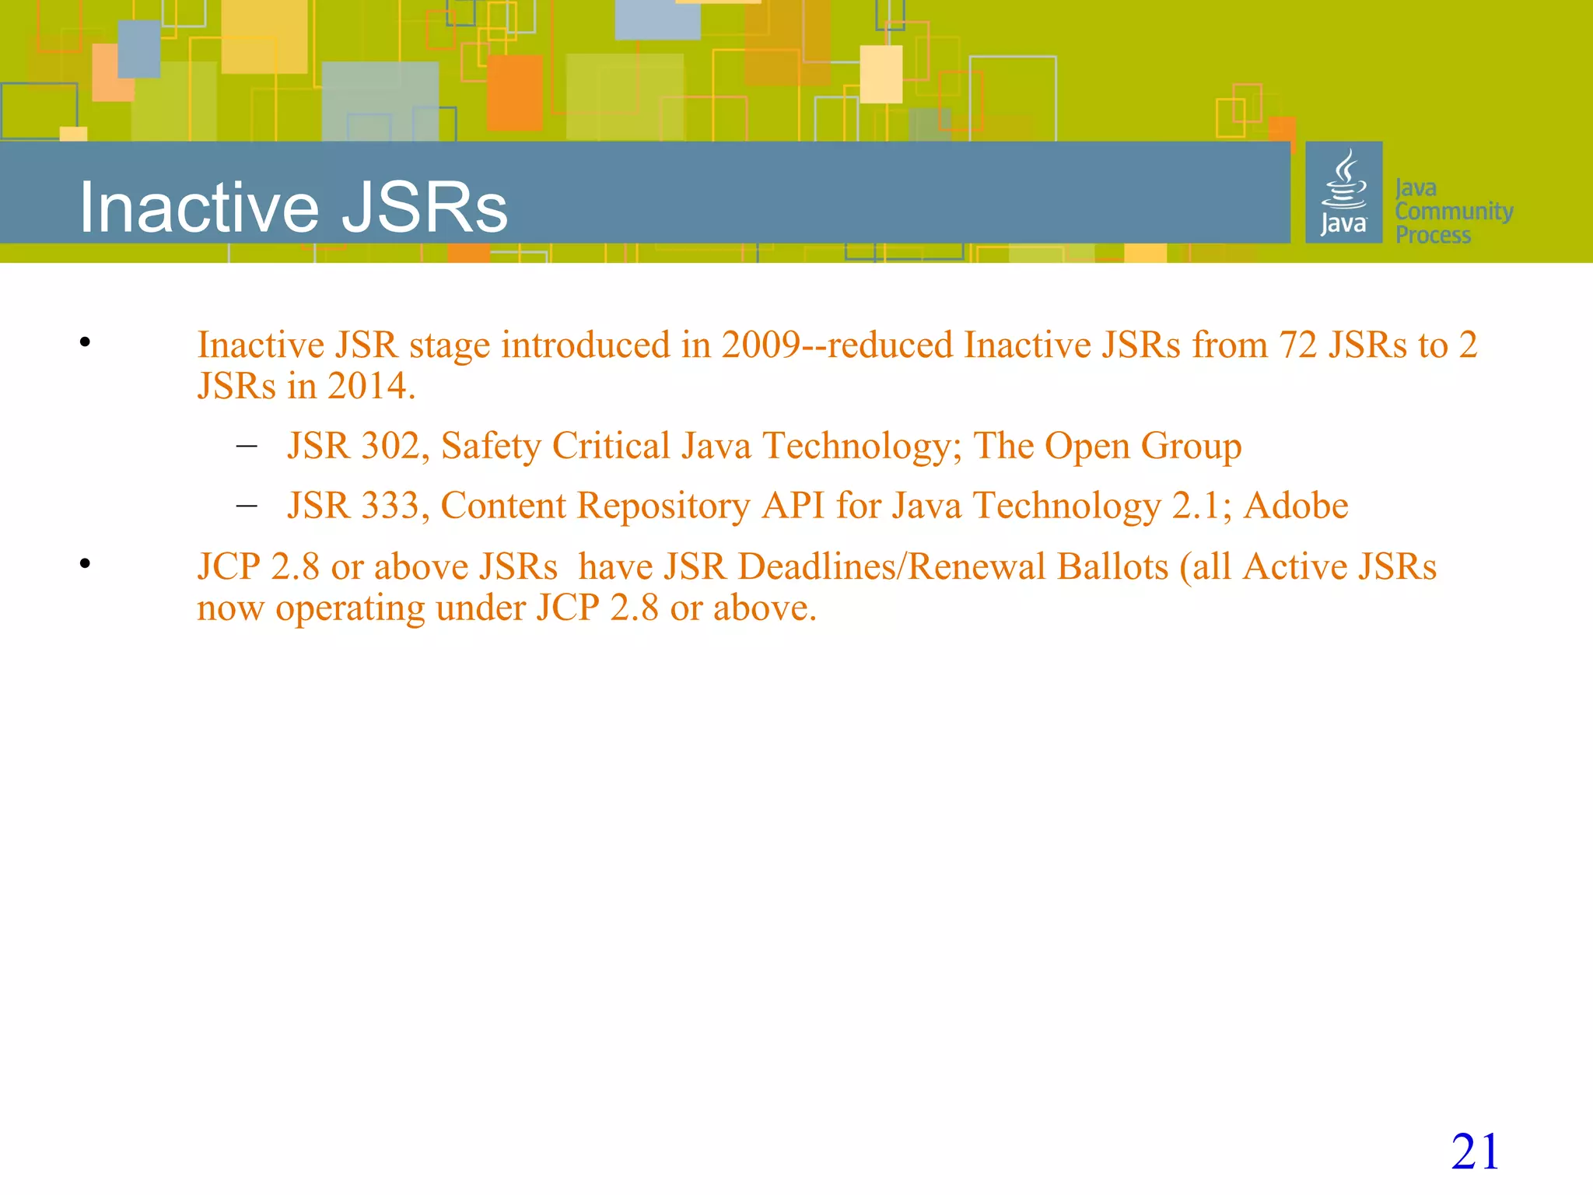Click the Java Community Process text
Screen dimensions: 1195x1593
click(1453, 211)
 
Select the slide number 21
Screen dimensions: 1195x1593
click(1475, 1151)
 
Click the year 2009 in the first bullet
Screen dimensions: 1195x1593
click(760, 345)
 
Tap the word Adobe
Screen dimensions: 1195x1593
click(1296, 506)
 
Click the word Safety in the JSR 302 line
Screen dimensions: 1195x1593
click(491, 446)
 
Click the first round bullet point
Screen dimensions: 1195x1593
click(85, 342)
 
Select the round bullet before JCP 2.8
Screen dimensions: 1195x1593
click(85, 562)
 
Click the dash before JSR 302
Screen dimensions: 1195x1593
click(247, 446)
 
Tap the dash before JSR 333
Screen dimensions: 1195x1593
click(247, 506)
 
